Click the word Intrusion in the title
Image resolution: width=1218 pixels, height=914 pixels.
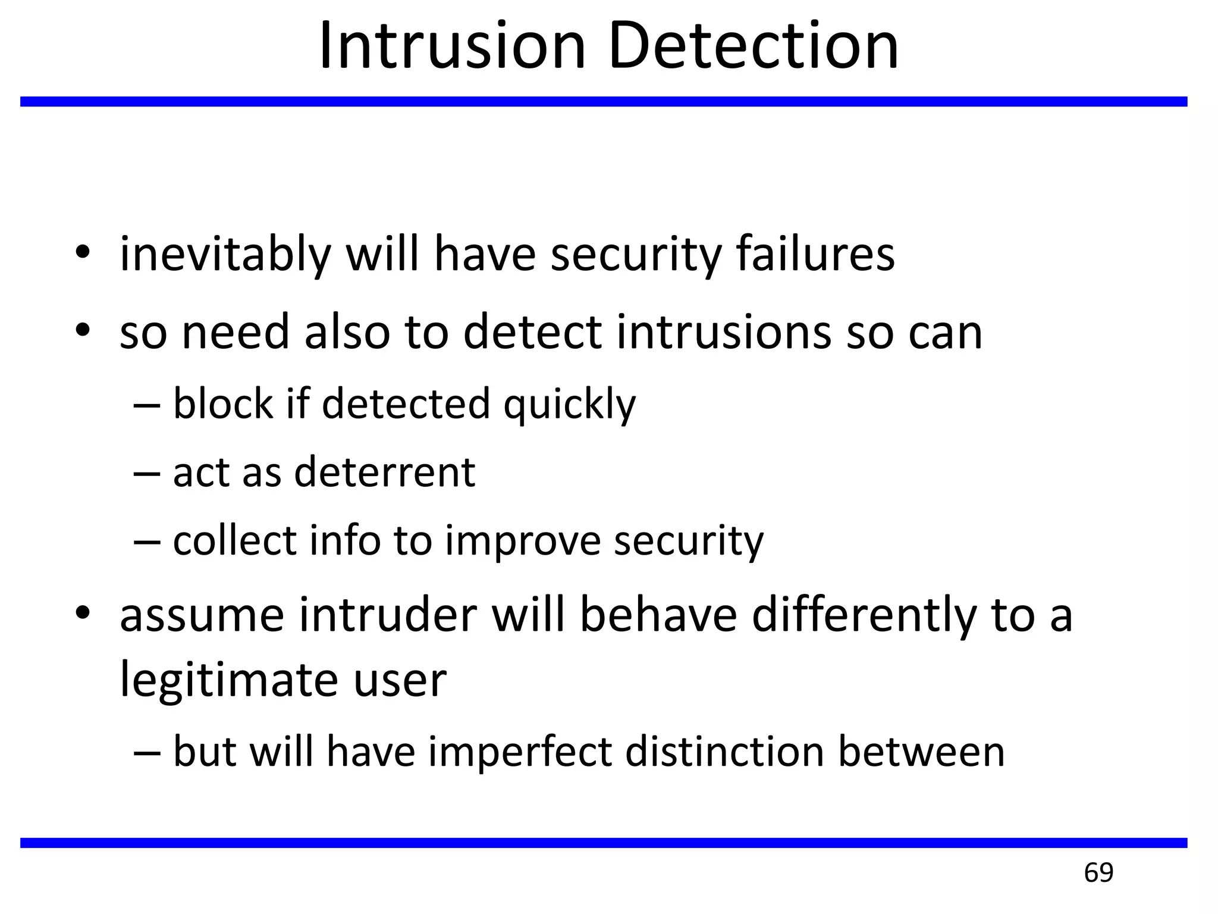click(x=452, y=46)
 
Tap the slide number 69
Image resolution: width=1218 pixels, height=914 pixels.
click(x=1098, y=872)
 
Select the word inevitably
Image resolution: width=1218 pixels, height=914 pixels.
click(x=225, y=255)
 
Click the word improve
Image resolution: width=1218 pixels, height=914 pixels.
click(x=523, y=541)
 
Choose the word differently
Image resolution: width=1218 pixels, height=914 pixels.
click(x=864, y=616)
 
